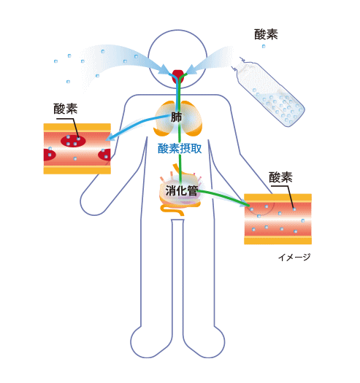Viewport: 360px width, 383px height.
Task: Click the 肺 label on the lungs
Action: [x=176, y=117]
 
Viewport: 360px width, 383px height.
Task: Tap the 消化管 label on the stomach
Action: [x=182, y=190]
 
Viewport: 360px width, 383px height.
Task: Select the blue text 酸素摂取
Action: [x=180, y=149]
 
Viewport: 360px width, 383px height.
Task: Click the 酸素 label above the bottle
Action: [x=266, y=34]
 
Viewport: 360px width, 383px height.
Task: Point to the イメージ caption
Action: [x=294, y=258]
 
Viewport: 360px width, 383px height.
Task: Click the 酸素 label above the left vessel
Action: [x=66, y=109]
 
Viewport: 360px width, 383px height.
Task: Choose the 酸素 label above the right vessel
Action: [x=280, y=177]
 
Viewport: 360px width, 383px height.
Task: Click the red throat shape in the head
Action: [x=178, y=75]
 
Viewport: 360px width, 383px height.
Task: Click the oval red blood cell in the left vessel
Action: [x=73, y=141]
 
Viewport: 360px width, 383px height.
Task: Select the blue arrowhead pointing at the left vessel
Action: [x=110, y=137]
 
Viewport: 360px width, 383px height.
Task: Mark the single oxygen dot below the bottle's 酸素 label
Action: [x=264, y=46]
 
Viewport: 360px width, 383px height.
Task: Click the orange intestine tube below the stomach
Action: [x=172, y=210]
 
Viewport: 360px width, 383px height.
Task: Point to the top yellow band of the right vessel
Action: [x=277, y=198]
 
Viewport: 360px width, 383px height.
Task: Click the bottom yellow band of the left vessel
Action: [x=77, y=170]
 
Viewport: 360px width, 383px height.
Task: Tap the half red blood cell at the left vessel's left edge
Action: [x=49, y=155]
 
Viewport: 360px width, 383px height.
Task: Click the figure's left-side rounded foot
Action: [x=145, y=343]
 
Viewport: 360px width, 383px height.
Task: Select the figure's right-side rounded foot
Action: [x=211, y=343]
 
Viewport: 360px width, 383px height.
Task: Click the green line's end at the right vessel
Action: [x=249, y=206]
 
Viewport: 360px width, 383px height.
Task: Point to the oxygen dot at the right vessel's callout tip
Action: [x=294, y=209]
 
